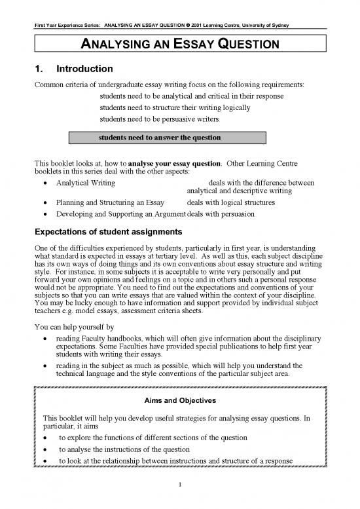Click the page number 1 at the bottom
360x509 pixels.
point(179,485)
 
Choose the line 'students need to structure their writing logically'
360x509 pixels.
point(179,108)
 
